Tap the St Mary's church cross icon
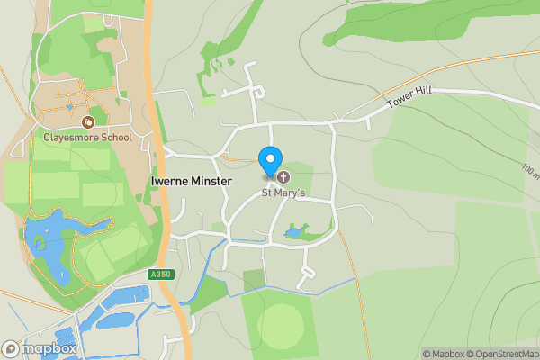tap(283, 176)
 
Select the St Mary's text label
tap(283, 193)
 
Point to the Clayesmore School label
tap(87, 138)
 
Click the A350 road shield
tap(159, 274)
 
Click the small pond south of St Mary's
tap(294, 233)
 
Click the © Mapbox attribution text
tap(442, 354)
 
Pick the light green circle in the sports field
tap(281, 322)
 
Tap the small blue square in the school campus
tap(71, 107)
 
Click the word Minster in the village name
tap(211, 181)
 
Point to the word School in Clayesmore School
tap(115, 138)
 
